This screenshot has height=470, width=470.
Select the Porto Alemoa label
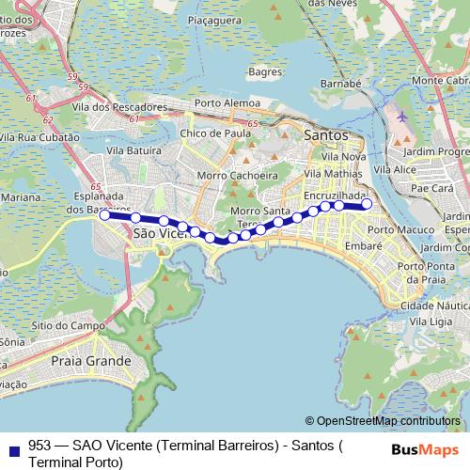[227, 103]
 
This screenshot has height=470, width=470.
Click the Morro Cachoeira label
[238, 175]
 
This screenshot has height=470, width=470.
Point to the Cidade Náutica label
[433, 305]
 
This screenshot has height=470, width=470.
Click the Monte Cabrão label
[439, 80]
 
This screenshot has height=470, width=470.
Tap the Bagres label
[267, 71]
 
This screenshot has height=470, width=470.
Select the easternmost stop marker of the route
[367, 204]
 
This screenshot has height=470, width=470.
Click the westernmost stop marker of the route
[104, 214]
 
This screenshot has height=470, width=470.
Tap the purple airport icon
[403, 117]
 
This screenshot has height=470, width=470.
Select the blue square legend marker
[13, 446]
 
